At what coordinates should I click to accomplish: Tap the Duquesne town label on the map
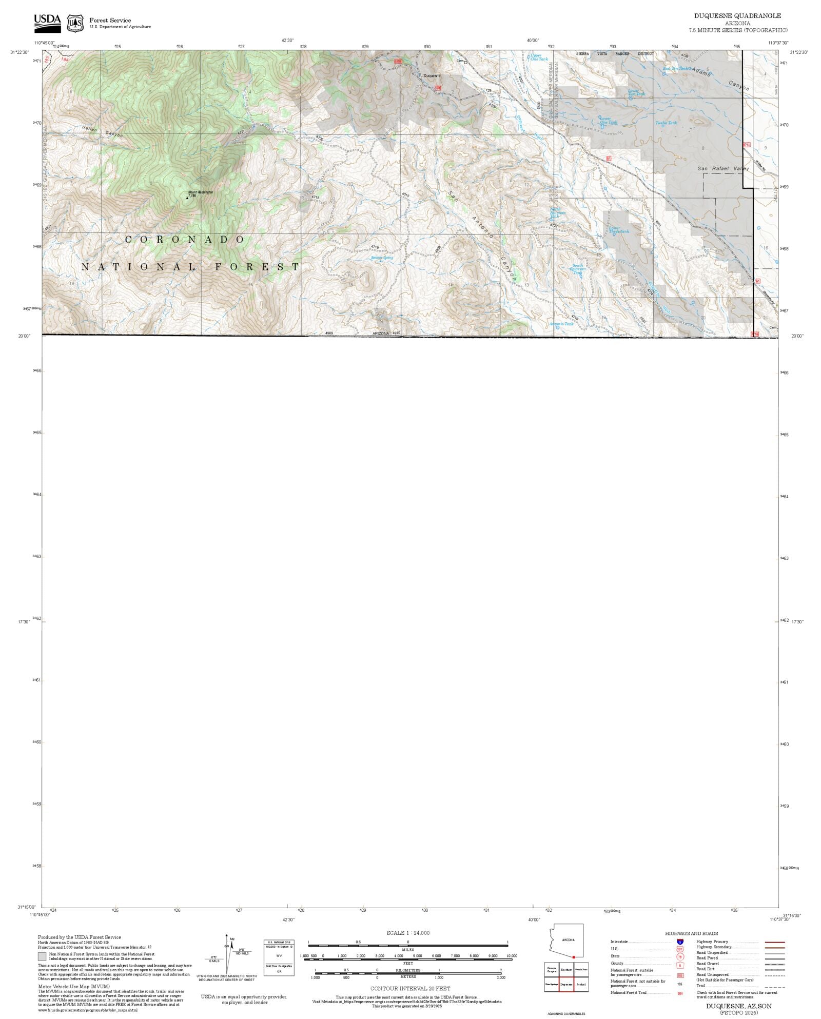point(432,76)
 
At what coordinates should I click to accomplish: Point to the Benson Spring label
point(382,258)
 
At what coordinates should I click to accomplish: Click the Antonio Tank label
point(561,324)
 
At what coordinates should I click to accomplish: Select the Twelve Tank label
point(666,123)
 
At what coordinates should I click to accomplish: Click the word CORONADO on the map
point(185,240)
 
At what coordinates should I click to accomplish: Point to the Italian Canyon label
point(102,132)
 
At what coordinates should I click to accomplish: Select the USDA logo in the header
point(47,23)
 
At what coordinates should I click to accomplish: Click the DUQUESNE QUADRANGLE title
point(738,16)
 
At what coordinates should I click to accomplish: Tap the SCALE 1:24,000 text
point(408,933)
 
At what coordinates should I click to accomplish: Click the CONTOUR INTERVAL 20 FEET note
point(410,988)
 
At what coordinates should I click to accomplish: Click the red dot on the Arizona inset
point(574,957)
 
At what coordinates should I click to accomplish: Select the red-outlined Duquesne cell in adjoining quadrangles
point(566,985)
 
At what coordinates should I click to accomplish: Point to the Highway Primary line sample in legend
point(774,942)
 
